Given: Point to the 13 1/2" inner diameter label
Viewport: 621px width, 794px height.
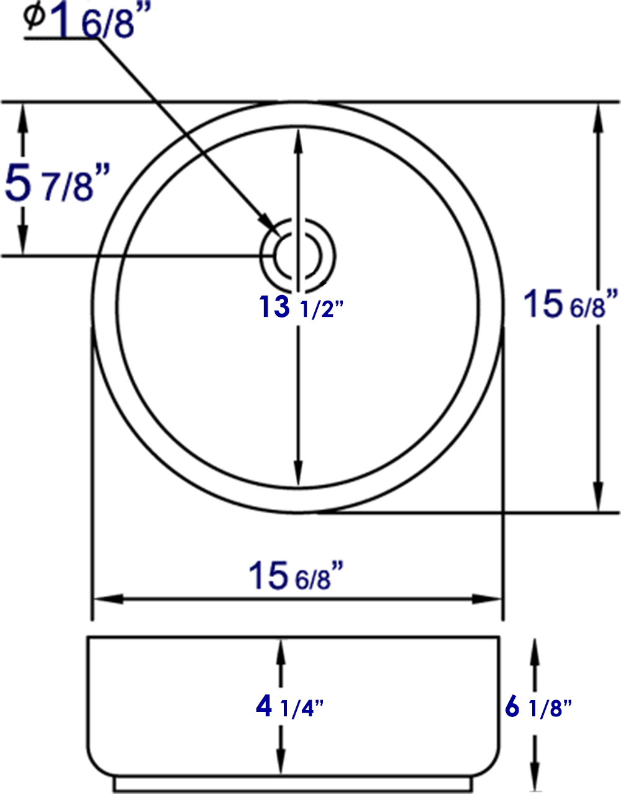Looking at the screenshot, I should (301, 307).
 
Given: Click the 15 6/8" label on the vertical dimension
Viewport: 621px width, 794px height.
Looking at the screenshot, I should (571, 304).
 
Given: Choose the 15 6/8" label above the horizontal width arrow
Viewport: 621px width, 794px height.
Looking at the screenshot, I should (296, 575).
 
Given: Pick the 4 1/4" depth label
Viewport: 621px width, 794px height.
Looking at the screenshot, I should (289, 706).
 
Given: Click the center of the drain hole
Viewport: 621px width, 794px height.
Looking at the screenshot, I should (298, 255).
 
